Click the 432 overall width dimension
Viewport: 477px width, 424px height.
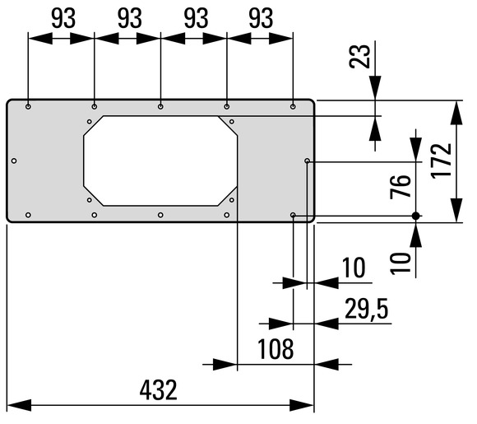158,390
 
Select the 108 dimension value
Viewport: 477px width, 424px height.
276,349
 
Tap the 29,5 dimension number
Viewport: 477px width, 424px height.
367,309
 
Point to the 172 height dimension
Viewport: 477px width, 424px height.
441,161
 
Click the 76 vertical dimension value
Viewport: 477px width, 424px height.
401,187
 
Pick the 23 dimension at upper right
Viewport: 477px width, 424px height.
360,56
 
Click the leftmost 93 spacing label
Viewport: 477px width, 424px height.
63,18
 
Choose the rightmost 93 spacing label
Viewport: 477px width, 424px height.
261,18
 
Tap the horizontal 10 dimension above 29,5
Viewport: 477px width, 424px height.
354,268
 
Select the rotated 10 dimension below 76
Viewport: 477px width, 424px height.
401,263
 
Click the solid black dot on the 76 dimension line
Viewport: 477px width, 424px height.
416,216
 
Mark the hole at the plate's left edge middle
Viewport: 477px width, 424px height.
14,161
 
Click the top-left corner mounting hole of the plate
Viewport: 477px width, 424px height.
28,106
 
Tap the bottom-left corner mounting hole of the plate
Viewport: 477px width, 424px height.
28,215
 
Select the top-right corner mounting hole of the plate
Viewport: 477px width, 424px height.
293,106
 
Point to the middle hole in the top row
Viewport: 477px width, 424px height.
160,106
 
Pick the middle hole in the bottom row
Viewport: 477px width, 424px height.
160,215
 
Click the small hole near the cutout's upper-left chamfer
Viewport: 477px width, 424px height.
90,122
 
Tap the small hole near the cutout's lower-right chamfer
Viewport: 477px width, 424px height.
232,200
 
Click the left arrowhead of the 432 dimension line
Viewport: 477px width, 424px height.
19,405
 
